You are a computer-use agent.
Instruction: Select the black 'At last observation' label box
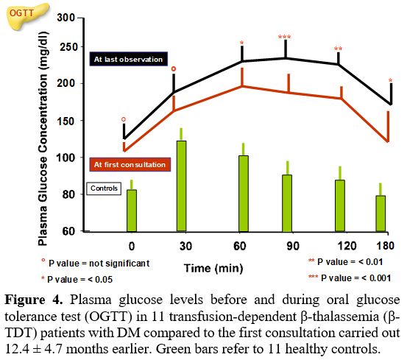129,59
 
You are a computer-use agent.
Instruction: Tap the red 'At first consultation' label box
130,165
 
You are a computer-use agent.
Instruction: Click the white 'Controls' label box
104,188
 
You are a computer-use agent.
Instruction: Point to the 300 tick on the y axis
66,18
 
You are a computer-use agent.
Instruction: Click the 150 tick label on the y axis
66,121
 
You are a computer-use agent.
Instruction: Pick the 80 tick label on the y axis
68,194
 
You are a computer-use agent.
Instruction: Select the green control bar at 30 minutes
182,186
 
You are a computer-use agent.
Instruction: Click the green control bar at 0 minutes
132,211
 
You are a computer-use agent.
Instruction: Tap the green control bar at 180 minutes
381,213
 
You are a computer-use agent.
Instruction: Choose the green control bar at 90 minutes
287,203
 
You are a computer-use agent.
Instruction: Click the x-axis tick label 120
347,246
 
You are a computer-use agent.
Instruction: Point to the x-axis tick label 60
240,246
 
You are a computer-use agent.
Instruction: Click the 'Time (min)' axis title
213,269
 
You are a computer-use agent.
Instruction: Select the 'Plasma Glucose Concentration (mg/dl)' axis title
43,138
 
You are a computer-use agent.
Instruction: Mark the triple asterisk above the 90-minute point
285,37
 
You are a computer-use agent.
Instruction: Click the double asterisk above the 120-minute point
338,49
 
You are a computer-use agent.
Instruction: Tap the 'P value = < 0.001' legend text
350,278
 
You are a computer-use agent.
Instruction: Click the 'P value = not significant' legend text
96,263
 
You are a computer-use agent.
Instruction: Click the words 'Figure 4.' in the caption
33,300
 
